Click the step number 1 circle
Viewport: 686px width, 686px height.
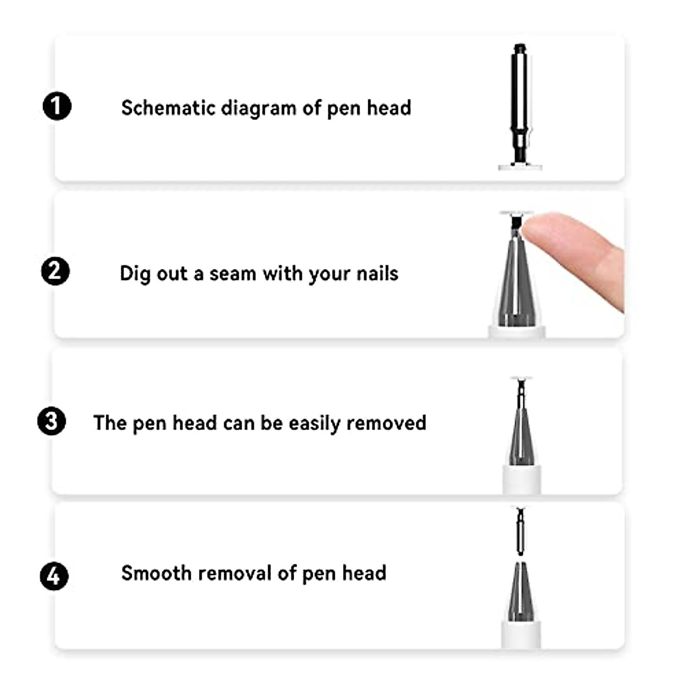pyautogui.click(x=57, y=106)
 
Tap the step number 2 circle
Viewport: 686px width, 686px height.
pyautogui.click(x=55, y=271)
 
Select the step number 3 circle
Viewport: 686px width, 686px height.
pyautogui.click(x=51, y=421)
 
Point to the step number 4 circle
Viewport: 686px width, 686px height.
pyautogui.click(x=54, y=576)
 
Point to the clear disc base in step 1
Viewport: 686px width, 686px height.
pyautogui.click(x=520, y=166)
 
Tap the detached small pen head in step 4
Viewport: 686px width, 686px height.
pyautogui.click(x=520, y=532)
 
